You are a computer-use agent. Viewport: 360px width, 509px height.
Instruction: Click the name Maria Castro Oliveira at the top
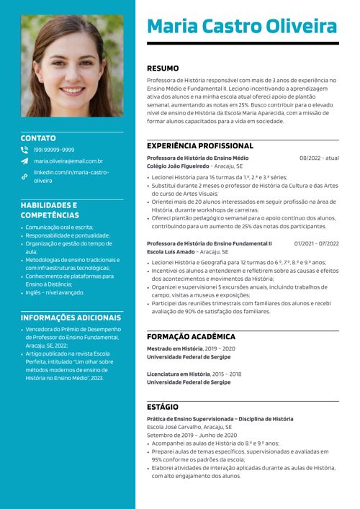[242, 27]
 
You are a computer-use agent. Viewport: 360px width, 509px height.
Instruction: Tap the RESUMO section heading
[163, 68]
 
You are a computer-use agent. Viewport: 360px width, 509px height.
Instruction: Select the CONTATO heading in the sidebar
[38, 138]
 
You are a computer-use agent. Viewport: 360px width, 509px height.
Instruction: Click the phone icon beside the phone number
[24, 150]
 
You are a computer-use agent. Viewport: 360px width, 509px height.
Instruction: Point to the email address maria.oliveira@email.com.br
[68, 161]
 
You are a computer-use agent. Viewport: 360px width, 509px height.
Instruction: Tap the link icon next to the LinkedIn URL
[24, 176]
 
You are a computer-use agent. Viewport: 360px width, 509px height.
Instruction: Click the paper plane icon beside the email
[24, 161]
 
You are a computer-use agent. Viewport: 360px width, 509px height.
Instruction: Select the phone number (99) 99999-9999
[54, 150]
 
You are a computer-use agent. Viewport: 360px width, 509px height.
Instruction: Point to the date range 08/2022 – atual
[319, 158]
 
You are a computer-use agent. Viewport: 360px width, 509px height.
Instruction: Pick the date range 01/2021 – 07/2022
[316, 243]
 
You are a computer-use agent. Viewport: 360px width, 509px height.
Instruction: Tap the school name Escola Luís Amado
[171, 252]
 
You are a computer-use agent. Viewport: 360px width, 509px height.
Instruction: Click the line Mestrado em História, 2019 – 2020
[191, 348]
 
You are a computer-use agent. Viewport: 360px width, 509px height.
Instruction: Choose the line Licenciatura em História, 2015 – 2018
[194, 374]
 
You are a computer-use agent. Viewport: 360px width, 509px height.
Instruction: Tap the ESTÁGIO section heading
[163, 407]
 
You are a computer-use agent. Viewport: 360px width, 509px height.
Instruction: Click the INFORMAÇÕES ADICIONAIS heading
[71, 317]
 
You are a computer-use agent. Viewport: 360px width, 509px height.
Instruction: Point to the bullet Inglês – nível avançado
[54, 292]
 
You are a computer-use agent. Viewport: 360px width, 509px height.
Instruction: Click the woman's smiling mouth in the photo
[71, 91]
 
